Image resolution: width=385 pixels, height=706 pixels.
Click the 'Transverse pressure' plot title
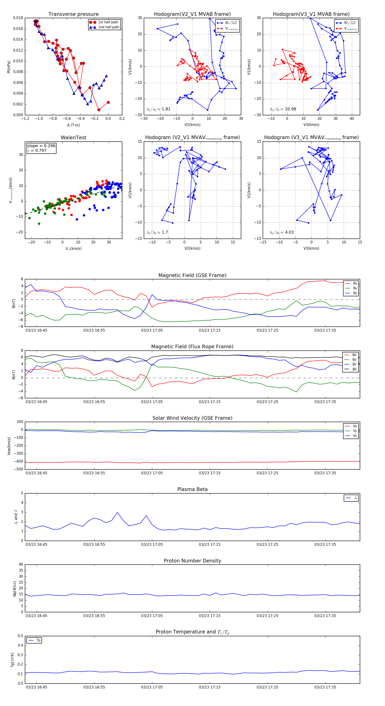[73, 14]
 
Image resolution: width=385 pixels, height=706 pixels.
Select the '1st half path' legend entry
[108, 22]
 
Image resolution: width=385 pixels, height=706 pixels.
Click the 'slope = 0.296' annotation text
[41, 146]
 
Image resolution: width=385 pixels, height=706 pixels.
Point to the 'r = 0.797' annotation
[37, 150]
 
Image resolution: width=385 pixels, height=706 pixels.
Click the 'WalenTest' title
[73, 138]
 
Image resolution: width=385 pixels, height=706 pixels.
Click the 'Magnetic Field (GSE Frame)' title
[192, 275]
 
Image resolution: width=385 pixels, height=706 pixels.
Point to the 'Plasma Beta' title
[192, 489]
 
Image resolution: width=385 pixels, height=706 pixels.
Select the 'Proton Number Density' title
[192, 561]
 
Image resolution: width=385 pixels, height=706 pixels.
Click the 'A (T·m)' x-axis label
[73, 125]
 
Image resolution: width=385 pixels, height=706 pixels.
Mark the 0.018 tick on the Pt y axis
[18, 18]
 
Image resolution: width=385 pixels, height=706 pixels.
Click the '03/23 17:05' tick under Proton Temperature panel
[152, 687]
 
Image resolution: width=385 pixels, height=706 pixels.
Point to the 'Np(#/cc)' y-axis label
[15, 589]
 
